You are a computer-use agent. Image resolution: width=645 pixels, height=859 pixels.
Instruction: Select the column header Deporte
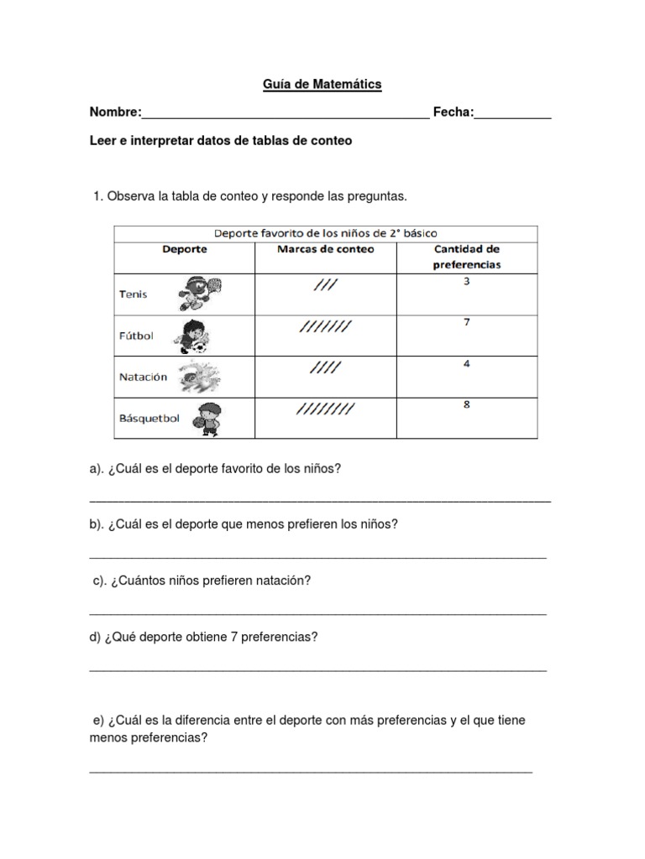pyautogui.click(x=184, y=249)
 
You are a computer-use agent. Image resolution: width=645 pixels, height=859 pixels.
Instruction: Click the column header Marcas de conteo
pyautogui.click(x=325, y=249)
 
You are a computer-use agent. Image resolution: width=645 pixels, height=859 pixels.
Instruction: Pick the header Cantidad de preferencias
pyautogui.click(x=466, y=256)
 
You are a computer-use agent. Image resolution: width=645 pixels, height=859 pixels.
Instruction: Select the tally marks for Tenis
pyautogui.click(x=324, y=285)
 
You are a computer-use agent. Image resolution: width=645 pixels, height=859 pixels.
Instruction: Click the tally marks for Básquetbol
pyautogui.click(x=325, y=409)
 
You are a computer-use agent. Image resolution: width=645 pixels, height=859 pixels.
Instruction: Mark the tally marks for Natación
pyautogui.click(x=325, y=367)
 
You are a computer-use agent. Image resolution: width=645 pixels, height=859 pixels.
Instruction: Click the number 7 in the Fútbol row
pyautogui.click(x=466, y=322)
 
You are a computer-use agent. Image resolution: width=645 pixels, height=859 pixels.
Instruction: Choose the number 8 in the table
pyautogui.click(x=466, y=404)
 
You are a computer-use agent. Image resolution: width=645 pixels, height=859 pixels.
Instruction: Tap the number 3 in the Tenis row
pyautogui.click(x=466, y=281)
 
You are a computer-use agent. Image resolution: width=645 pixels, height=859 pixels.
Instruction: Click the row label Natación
pyautogui.click(x=143, y=377)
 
